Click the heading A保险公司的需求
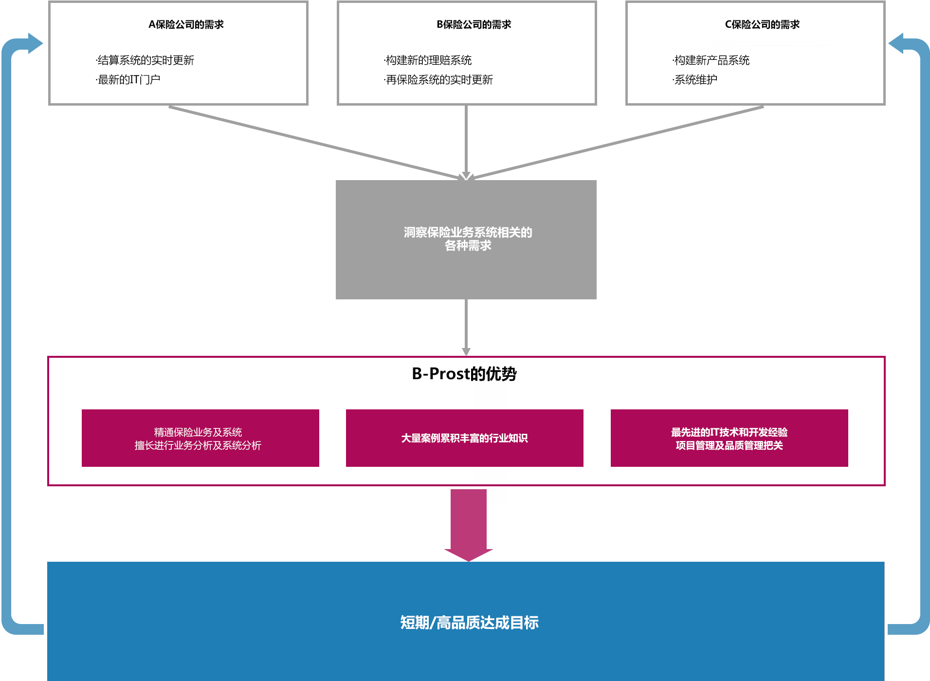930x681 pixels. (x=186, y=24)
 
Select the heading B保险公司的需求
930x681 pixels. (x=474, y=24)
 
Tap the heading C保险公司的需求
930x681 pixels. (x=762, y=24)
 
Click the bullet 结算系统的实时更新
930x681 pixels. (x=145, y=60)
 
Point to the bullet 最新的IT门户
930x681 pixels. (x=128, y=80)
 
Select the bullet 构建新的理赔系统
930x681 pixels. (x=428, y=60)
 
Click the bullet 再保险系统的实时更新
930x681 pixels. (x=438, y=80)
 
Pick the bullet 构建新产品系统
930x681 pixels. (x=711, y=60)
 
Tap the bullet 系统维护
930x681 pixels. (x=695, y=80)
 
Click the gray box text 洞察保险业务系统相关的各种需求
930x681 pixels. (x=467, y=239)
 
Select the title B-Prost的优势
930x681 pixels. (x=464, y=374)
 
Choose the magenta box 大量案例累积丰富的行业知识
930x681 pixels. (x=464, y=438)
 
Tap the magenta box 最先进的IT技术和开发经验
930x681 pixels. (x=729, y=438)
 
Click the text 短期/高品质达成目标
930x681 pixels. (x=469, y=623)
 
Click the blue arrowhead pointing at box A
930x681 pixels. (x=34, y=43)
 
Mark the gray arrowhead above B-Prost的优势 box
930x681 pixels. (x=466, y=351)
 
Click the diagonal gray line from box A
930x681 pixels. (x=311, y=142)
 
